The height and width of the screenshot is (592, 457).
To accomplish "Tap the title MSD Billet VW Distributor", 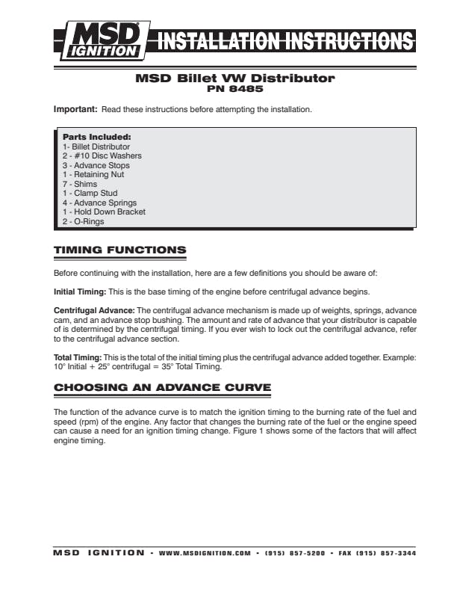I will [x=234, y=78].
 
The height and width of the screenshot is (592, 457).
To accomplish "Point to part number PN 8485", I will [x=234, y=88].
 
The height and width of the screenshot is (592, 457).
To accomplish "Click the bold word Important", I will [x=75, y=110].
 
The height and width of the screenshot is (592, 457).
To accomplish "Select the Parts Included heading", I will [x=96, y=138].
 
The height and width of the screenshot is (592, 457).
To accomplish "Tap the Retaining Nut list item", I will [x=93, y=175].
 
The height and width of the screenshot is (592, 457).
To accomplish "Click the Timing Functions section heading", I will [x=120, y=250].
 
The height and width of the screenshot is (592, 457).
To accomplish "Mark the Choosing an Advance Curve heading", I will [x=162, y=387].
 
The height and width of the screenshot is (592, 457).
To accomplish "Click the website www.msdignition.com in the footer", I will [x=205, y=553].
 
